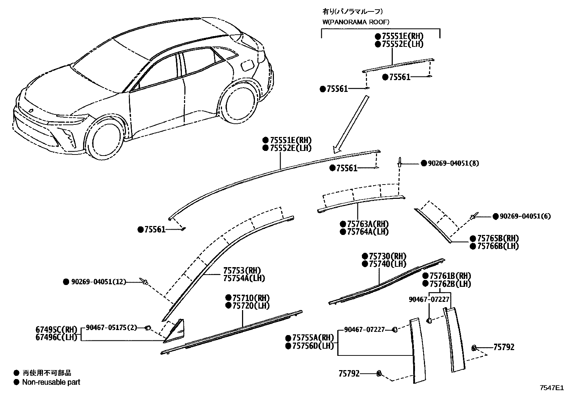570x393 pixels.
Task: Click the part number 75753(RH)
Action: point(242,270)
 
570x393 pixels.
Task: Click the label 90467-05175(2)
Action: point(111,327)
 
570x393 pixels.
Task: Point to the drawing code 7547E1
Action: point(552,387)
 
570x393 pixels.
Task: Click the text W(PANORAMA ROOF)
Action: point(356,22)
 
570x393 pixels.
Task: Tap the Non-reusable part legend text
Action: point(51,382)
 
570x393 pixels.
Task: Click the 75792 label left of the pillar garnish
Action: point(349,374)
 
